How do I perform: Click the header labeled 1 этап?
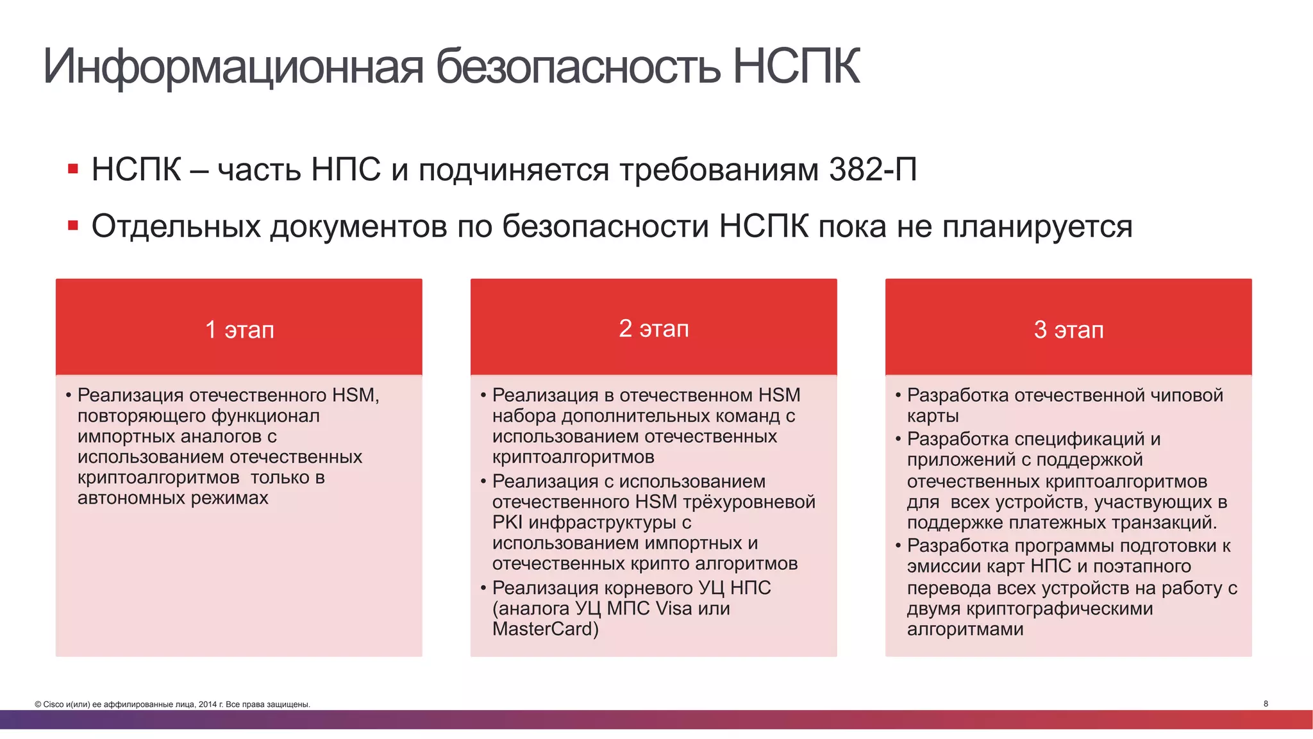(239, 329)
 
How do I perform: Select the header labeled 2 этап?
(653, 328)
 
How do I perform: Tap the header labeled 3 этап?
(1068, 329)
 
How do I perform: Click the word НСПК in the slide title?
(796, 66)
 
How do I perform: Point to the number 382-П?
(873, 170)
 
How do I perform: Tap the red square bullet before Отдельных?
(73, 226)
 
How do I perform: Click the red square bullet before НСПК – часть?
(73, 169)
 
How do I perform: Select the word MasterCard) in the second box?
(545, 629)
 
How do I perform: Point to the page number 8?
(1266, 704)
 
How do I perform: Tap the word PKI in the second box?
(508, 522)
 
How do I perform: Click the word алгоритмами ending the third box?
(965, 629)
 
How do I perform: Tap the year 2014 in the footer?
(207, 704)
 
